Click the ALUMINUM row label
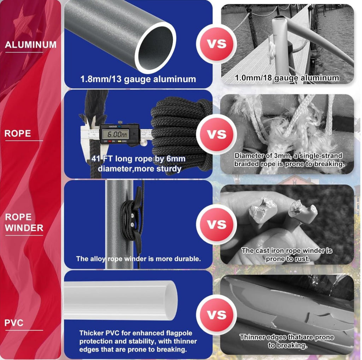pos(31,45)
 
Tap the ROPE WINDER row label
pos(24,223)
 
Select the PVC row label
pos(14,323)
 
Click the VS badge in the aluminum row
pos(216,44)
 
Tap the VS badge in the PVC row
pos(216,315)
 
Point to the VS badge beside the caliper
pos(216,134)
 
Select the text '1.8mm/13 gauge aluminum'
pos(138,79)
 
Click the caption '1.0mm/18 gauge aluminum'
pos(287,78)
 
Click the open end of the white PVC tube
pos(170,300)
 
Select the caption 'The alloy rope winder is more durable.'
pos(138,259)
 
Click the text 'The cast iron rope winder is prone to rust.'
pos(287,255)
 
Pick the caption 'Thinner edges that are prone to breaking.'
pos(287,341)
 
